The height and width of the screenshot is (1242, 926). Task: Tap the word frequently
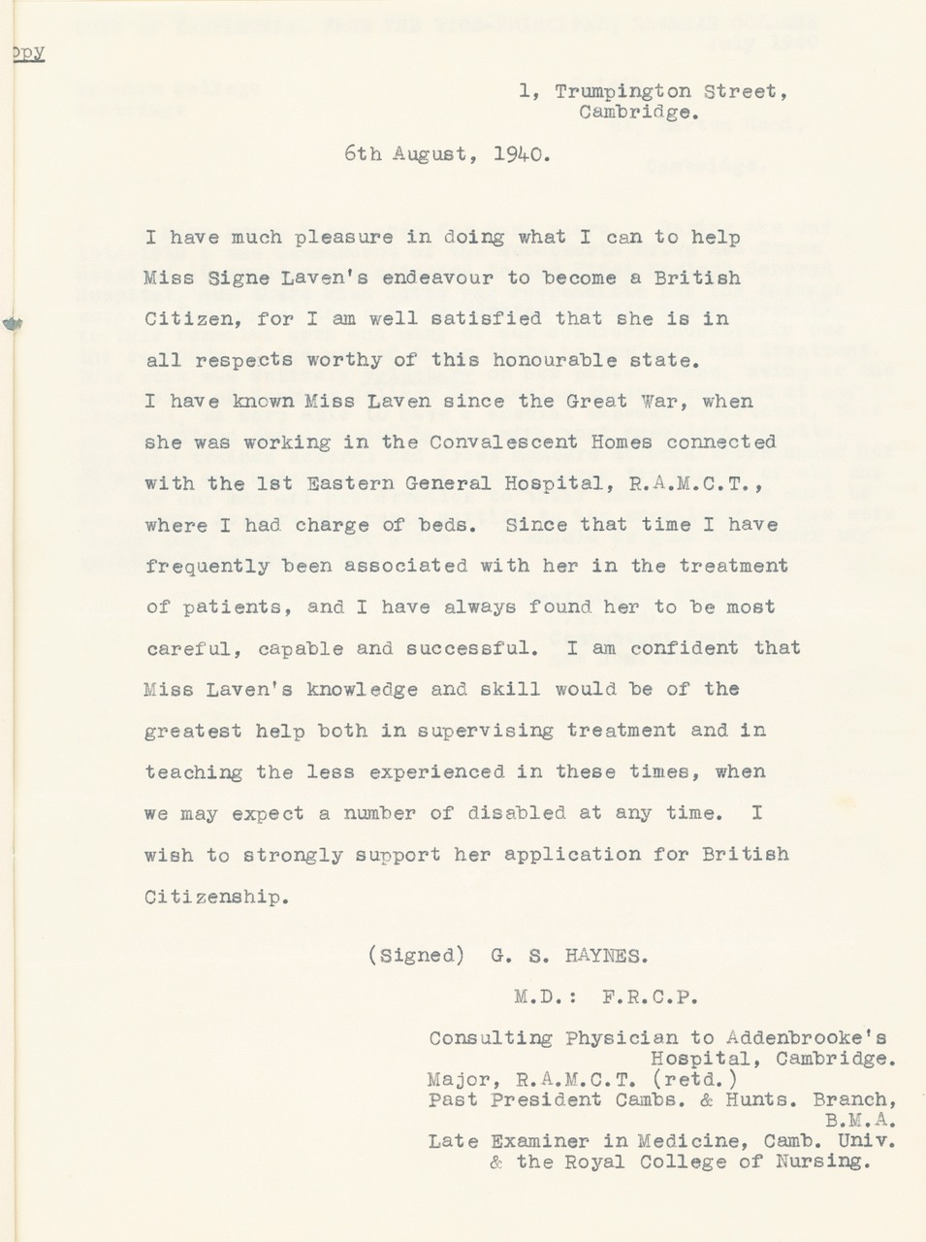[x=207, y=566]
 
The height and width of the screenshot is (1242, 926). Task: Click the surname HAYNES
[x=605, y=956]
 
